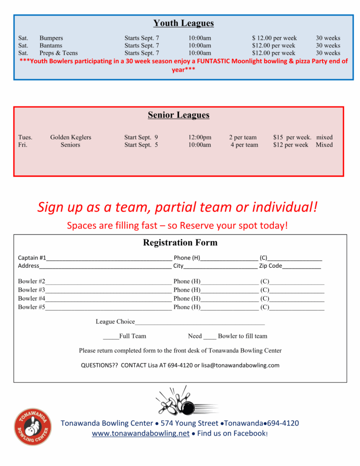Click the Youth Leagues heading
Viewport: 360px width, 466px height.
coord(183,23)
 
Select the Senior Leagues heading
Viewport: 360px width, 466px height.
coord(179,115)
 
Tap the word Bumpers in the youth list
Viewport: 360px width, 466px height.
coord(51,38)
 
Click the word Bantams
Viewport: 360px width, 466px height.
coord(51,45)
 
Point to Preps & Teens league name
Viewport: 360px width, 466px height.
coord(58,53)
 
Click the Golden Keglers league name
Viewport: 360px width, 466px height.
coord(71,137)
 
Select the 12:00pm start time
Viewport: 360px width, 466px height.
coord(199,137)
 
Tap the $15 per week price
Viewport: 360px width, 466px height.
coord(292,137)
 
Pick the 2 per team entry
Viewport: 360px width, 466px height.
coord(242,137)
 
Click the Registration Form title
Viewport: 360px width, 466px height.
coord(180,243)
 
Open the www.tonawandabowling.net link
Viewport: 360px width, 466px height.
coord(141,433)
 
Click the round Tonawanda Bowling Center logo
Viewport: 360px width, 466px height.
coord(33,426)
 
